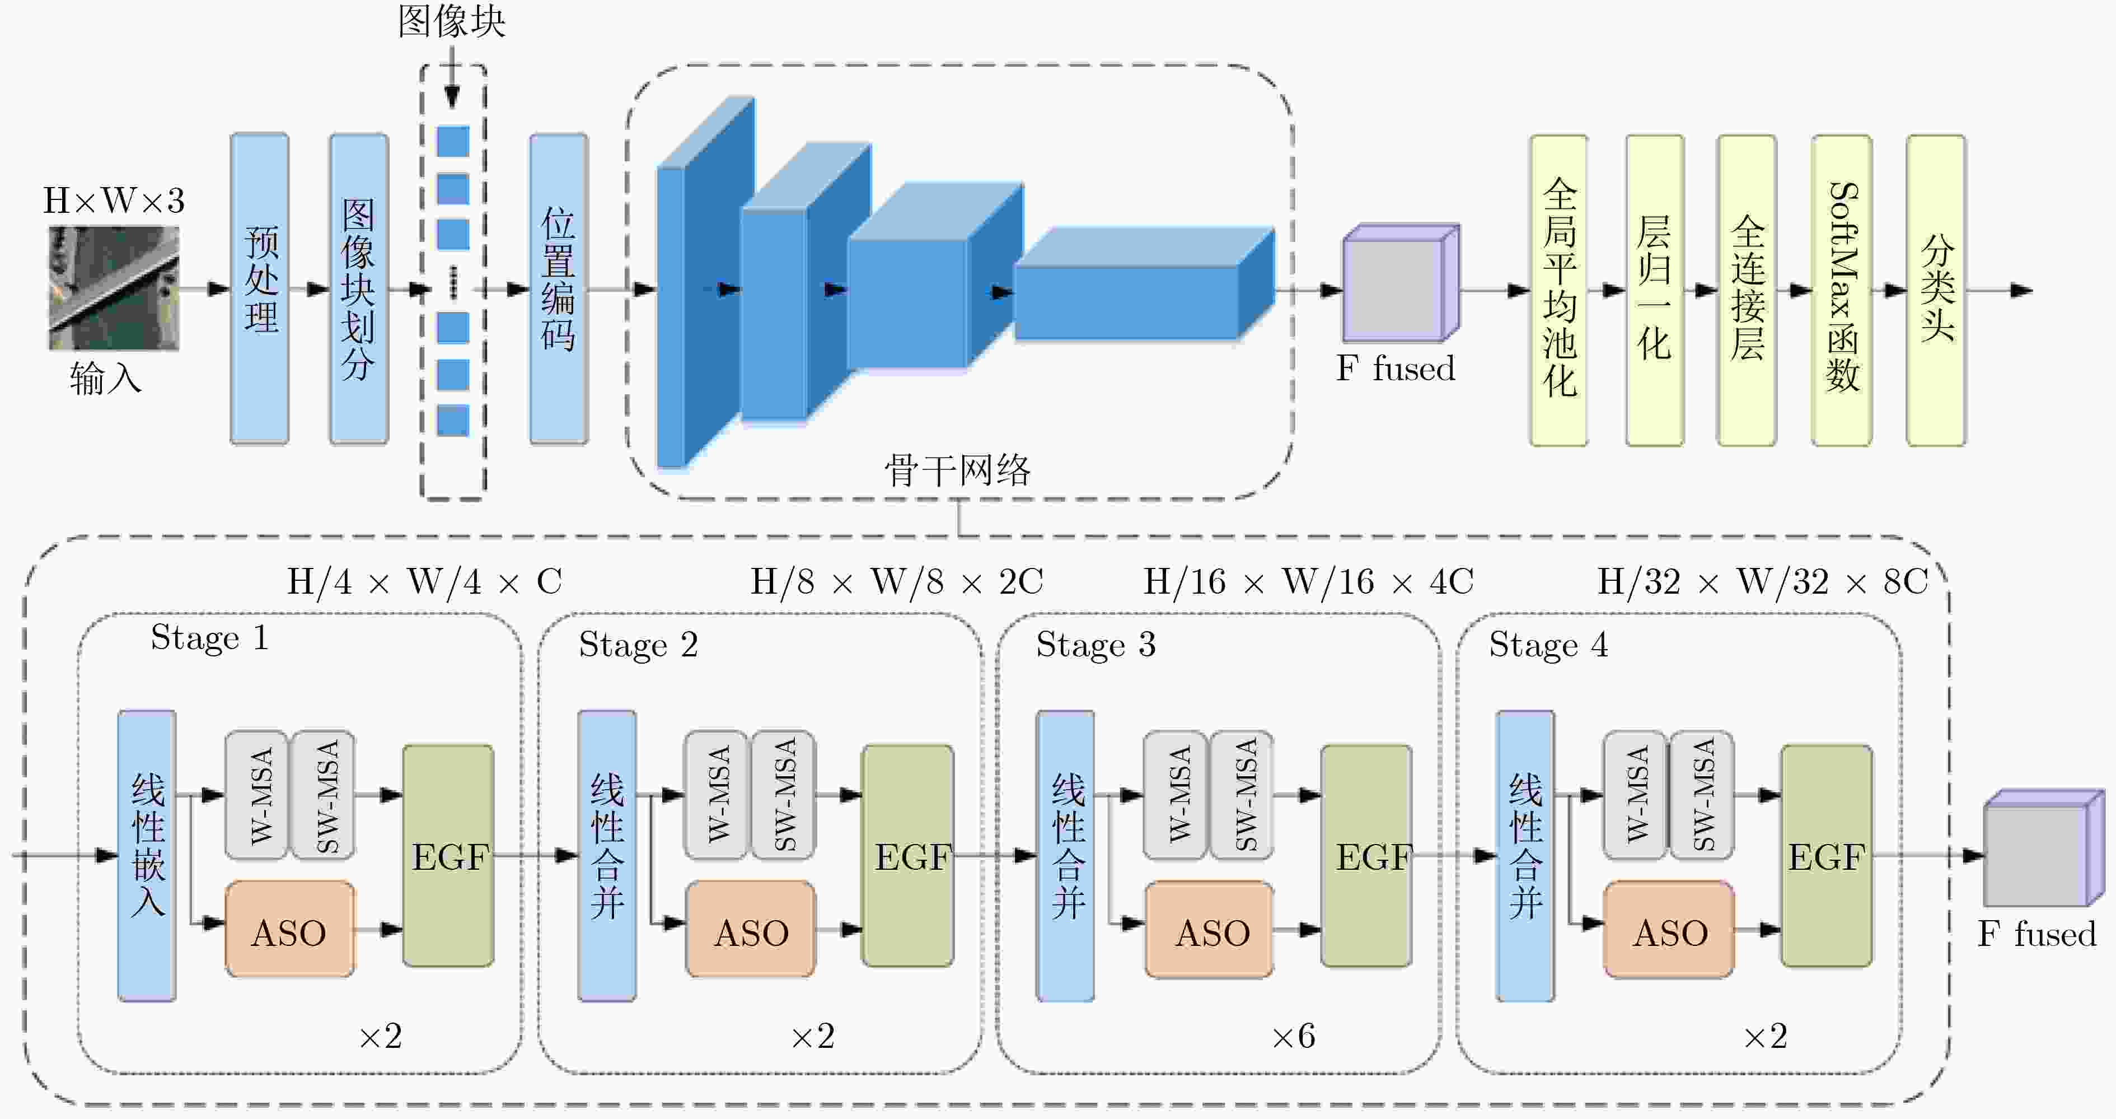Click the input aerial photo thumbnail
click(x=113, y=288)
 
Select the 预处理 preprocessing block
click(x=260, y=288)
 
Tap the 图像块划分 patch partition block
click(x=359, y=288)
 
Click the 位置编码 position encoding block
click(x=559, y=288)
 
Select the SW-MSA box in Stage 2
click(x=784, y=795)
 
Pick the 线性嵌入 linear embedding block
click(x=147, y=855)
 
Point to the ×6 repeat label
click(x=1293, y=1036)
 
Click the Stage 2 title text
click(x=638, y=645)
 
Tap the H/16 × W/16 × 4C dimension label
click(x=1308, y=582)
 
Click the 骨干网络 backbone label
click(x=957, y=471)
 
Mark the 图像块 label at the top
click(x=452, y=21)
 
